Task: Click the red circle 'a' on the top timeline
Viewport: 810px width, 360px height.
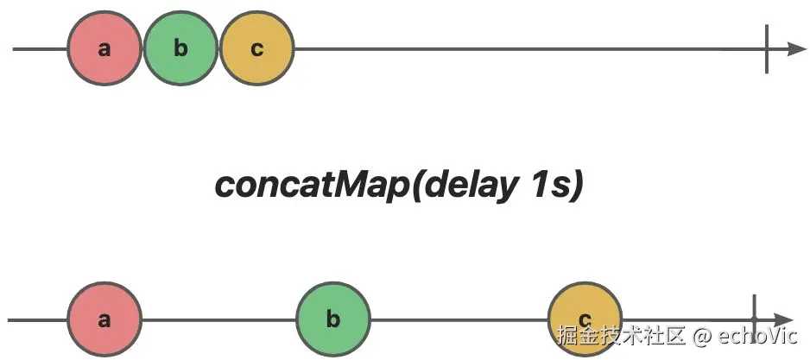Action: coord(104,48)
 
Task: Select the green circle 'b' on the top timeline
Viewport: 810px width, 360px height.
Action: coord(180,48)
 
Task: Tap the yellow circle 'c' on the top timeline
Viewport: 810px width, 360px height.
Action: coord(256,48)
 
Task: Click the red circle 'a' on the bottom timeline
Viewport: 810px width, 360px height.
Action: coord(104,320)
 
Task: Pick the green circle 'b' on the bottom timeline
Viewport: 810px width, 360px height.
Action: coord(333,320)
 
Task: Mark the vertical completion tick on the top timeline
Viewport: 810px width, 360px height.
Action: coord(767,49)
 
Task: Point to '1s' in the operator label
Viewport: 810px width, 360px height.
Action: coord(549,185)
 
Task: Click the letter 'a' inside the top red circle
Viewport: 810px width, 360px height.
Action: coord(104,49)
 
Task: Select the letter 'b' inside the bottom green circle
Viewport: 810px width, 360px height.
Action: coord(333,320)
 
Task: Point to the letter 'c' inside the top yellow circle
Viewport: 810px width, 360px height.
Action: coord(256,49)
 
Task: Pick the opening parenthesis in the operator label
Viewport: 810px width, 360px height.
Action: coord(417,186)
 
